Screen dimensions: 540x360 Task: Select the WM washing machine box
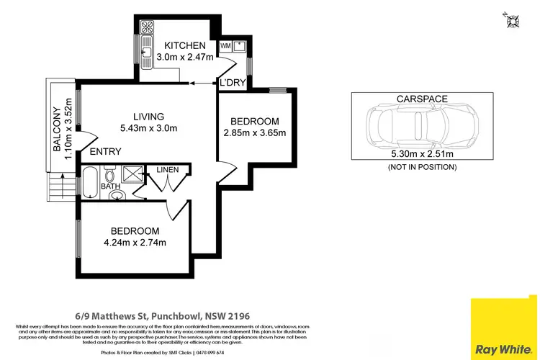pyautogui.click(x=225, y=46)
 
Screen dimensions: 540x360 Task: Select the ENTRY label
pyautogui.click(x=105, y=151)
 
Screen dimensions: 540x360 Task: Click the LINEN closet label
pyautogui.click(x=168, y=170)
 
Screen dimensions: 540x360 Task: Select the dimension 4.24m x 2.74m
pyautogui.click(x=134, y=242)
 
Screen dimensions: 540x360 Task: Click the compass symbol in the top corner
pyautogui.click(x=513, y=19)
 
